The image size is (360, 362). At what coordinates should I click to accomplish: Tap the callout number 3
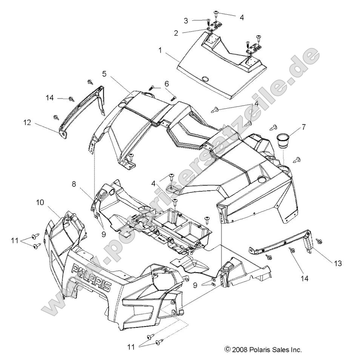click(x=186, y=20)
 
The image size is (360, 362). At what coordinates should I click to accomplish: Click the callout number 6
click(x=166, y=83)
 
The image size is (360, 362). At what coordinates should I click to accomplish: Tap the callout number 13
click(x=337, y=263)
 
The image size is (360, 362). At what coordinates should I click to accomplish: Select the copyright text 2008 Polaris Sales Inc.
click(x=263, y=350)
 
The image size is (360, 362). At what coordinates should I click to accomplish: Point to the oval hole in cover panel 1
click(x=205, y=79)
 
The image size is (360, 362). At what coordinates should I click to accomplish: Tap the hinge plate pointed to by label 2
click(x=215, y=25)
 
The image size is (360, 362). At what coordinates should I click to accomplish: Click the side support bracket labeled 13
click(x=287, y=243)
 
